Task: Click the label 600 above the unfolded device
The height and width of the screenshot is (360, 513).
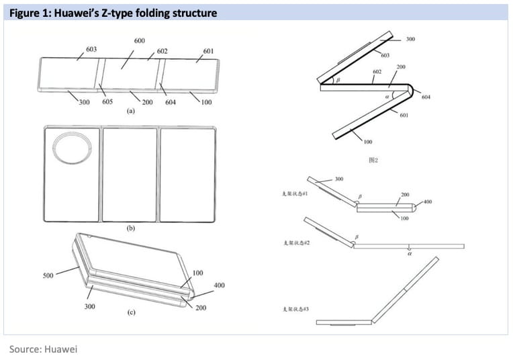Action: coord(140,40)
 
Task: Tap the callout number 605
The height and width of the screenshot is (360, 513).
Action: coord(107,103)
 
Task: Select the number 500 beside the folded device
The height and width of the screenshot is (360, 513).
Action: coord(48,275)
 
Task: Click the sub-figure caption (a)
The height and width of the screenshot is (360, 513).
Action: coord(132,112)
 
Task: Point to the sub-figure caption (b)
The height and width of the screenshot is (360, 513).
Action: coord(132,228)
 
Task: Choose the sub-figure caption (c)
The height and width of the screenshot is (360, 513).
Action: coord(132,313)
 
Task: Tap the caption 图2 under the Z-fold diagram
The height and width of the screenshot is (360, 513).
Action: coord(374,161)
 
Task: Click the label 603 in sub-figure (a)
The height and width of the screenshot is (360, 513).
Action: coord(91,49)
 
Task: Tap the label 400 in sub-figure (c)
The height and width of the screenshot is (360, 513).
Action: coord(219,286)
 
